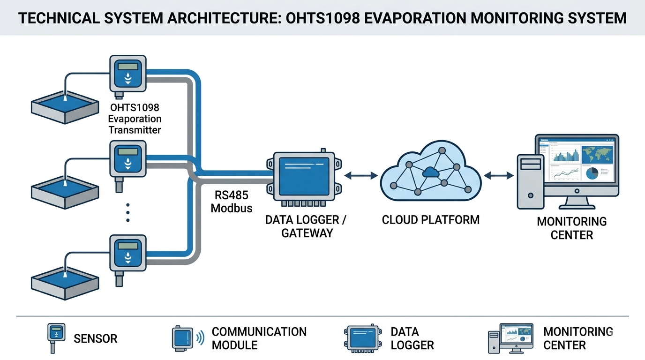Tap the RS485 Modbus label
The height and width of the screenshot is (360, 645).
pyautogui.click(x=232, y=202)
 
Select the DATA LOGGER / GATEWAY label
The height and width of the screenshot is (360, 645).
pyautogui.click(x=306, y=226)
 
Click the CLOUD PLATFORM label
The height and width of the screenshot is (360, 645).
pyautogui.click(x=430, y=220)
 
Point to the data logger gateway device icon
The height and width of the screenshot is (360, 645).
pyautogui.click(x=304, y=177)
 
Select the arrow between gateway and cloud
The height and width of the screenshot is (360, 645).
pyautogui.click(x=361, y=175)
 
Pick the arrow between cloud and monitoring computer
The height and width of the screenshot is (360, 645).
pyautogui.click(x=499, y=175)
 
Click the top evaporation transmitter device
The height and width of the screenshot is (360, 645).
pyautogui.click(x=127, y=74)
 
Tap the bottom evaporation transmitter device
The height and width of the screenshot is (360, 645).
pyautogui.click(x=127, y=253)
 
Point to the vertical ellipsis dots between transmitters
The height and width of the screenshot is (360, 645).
pyautogui.click(x=127, y=212)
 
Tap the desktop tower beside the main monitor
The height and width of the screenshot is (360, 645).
pyautogui.click(x=530, y=181)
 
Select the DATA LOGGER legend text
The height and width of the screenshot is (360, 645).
pyautogui.click(x=412, y=338)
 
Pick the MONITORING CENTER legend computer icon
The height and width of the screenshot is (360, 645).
pyautogui.click(x=511, y=337)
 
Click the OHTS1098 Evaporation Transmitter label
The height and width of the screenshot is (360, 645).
pyautogui.click(x=135, y=119)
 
